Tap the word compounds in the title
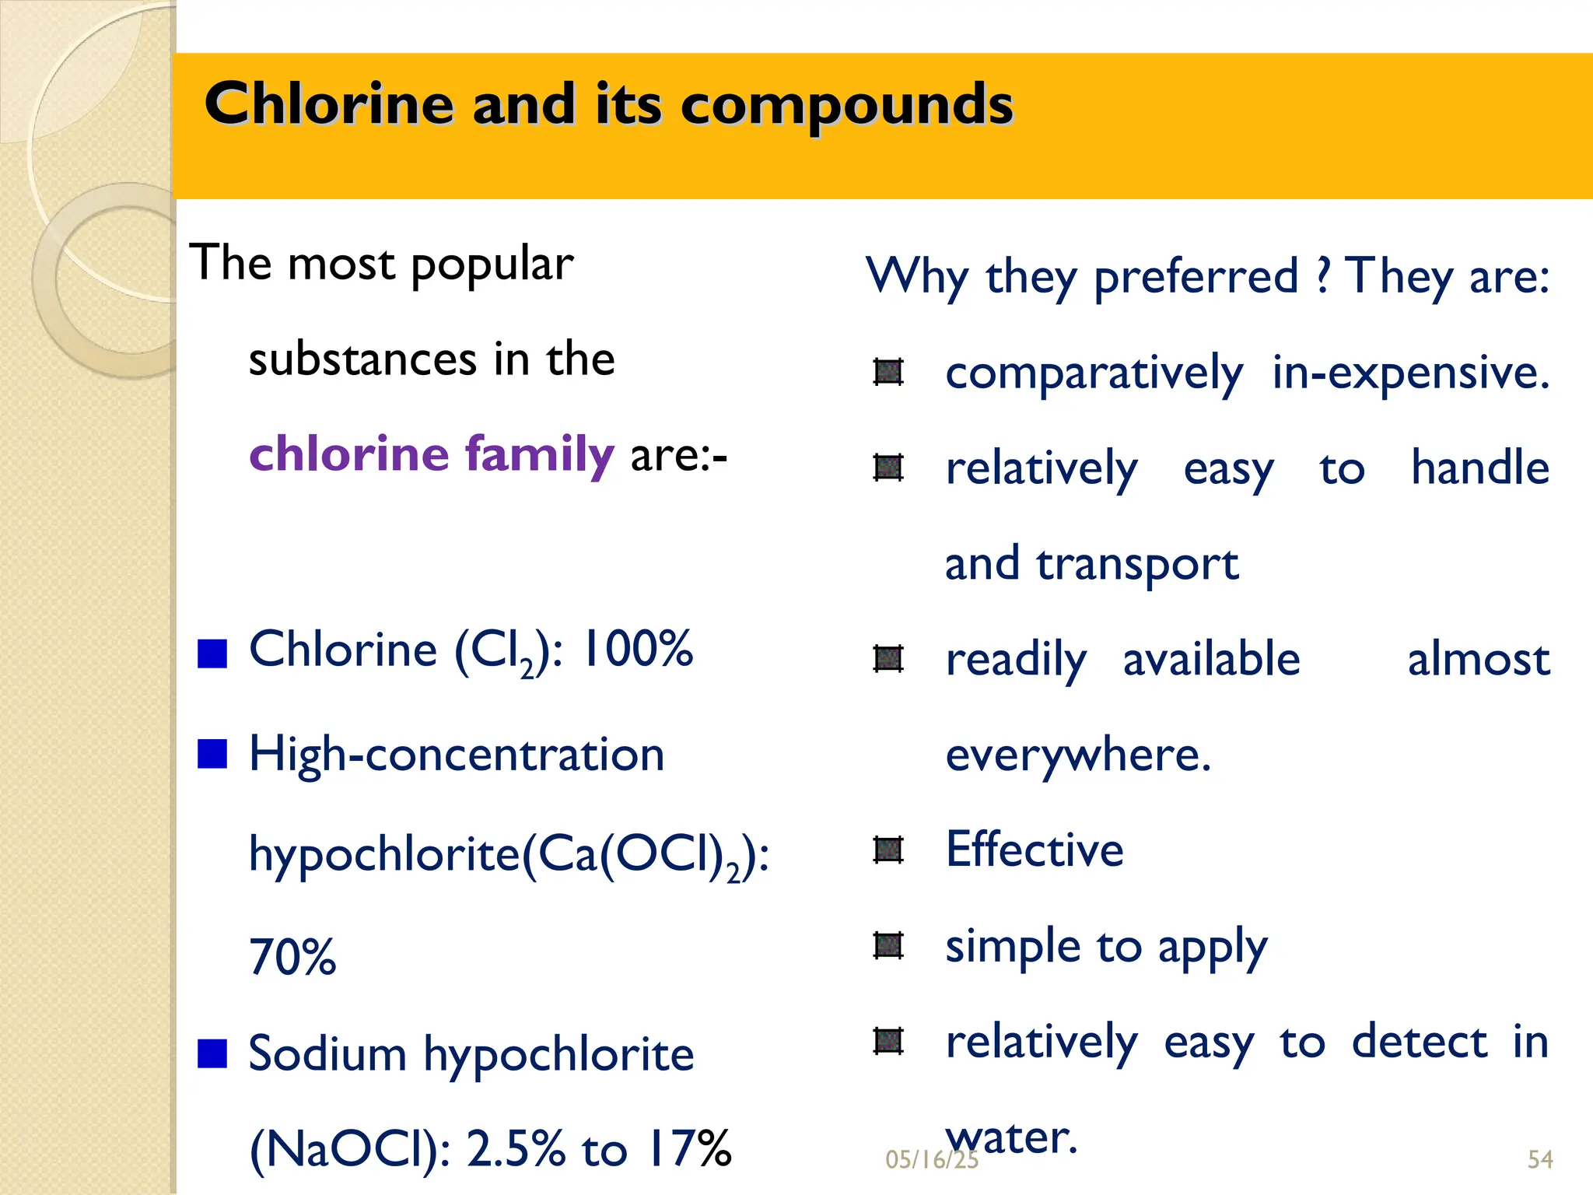point(847,107)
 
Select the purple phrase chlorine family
point(432,454)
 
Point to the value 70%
point(292,956)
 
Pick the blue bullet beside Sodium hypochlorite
point(212,1054)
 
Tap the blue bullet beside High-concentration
point(212,754)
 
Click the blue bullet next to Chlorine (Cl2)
point(212,654)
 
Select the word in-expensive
point(1410,373)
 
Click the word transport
point(1137,564)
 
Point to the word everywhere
point(1078,755)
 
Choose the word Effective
point(1035,849)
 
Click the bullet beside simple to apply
point(888,945)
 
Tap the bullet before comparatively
point(888,372)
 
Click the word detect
point(1420,1042)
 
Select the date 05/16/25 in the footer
point(931,1160)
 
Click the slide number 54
point(1540,1160)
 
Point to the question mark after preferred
point(1323,277)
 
